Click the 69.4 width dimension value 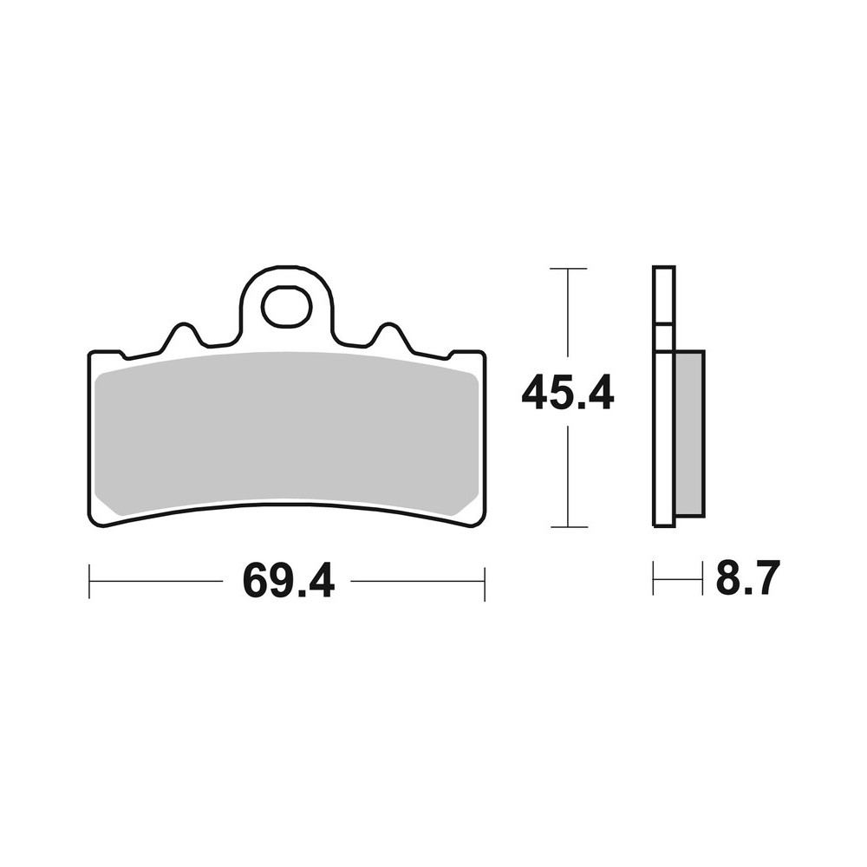(x=289, y=580)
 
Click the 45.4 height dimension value (x=568, y=395)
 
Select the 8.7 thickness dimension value (x=747, y=578)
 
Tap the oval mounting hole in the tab (x=286, y=307)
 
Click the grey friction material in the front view (x=286, y=433)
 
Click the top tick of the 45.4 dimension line (x=568, y=269)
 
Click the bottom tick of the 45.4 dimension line (x=568, y=526)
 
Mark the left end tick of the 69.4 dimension (x=89, y=582)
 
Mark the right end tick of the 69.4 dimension (x=484, y=582)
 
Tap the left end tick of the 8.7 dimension (x=654, y=578)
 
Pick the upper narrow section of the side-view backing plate (x=663, y=295)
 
